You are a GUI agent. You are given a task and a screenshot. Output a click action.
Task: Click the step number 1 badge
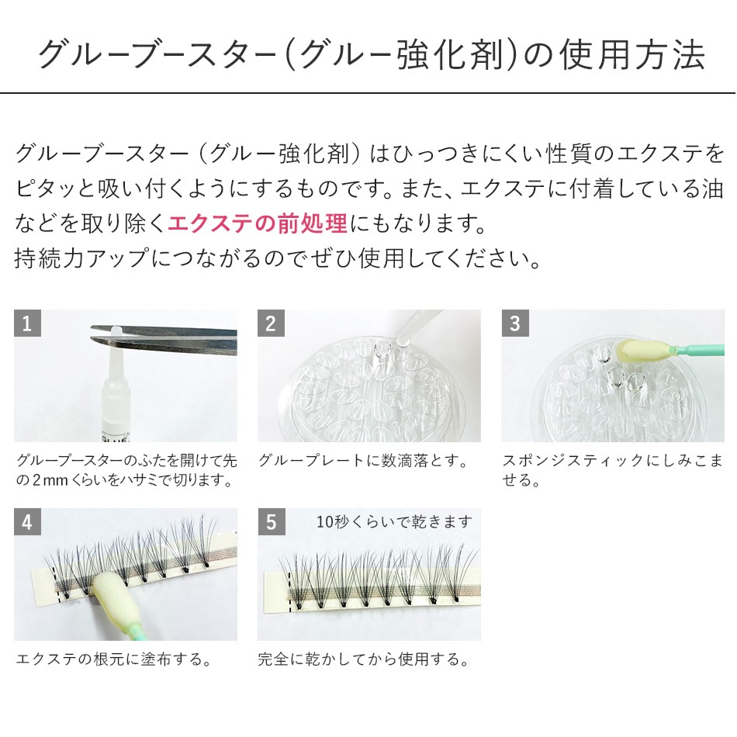(x=27, y=323)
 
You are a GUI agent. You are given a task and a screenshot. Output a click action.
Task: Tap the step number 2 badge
(x=271, y=323)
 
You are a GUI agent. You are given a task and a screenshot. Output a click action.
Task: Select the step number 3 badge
(x=514, y=323)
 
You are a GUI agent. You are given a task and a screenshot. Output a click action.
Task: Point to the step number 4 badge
(x=27, y=522)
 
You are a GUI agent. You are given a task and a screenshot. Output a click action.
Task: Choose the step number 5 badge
(x=271, y=522)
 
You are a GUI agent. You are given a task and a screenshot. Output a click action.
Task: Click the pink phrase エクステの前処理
(x=258, y=223)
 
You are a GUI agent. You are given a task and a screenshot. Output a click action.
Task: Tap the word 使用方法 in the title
(x=632, y=55)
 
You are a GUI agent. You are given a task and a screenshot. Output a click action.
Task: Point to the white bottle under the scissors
(x=116, y=395)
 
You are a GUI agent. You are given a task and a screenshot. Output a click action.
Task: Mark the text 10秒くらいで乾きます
(x=394, y=522)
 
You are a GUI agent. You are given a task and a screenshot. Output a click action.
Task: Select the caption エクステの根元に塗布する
(x=114, y=659)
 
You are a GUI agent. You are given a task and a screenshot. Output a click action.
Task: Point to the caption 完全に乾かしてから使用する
(x=363, y=659)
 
